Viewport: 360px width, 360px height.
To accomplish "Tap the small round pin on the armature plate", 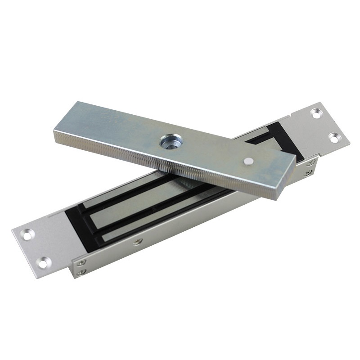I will pos(248,161).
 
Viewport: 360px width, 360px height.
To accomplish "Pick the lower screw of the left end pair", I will pos(81,272).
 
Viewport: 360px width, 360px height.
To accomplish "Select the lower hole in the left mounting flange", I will pos(44,262).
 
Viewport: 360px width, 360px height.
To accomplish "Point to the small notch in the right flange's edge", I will pos(292,116).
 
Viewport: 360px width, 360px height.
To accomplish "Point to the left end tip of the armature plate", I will pos(56,135).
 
